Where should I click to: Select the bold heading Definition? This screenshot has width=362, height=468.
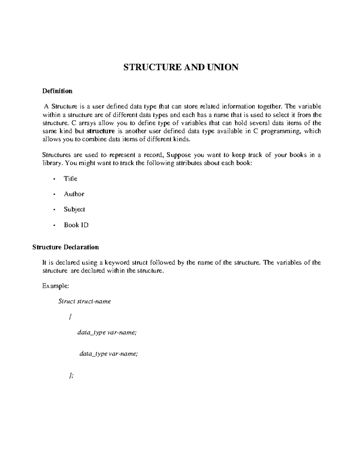coord(57,91)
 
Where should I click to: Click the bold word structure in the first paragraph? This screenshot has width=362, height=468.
coord(100,131)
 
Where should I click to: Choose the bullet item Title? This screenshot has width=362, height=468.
coord(70,179)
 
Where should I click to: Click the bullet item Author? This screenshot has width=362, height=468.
coord(74,194)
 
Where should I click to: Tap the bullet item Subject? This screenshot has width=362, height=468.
coord(74,209)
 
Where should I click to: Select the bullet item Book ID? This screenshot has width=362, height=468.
coord(76,225)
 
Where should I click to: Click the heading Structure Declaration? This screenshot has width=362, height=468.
coord(65,247)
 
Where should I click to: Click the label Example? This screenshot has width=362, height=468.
coord(56,286)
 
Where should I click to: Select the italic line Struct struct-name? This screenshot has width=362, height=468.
coord(84,301)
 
